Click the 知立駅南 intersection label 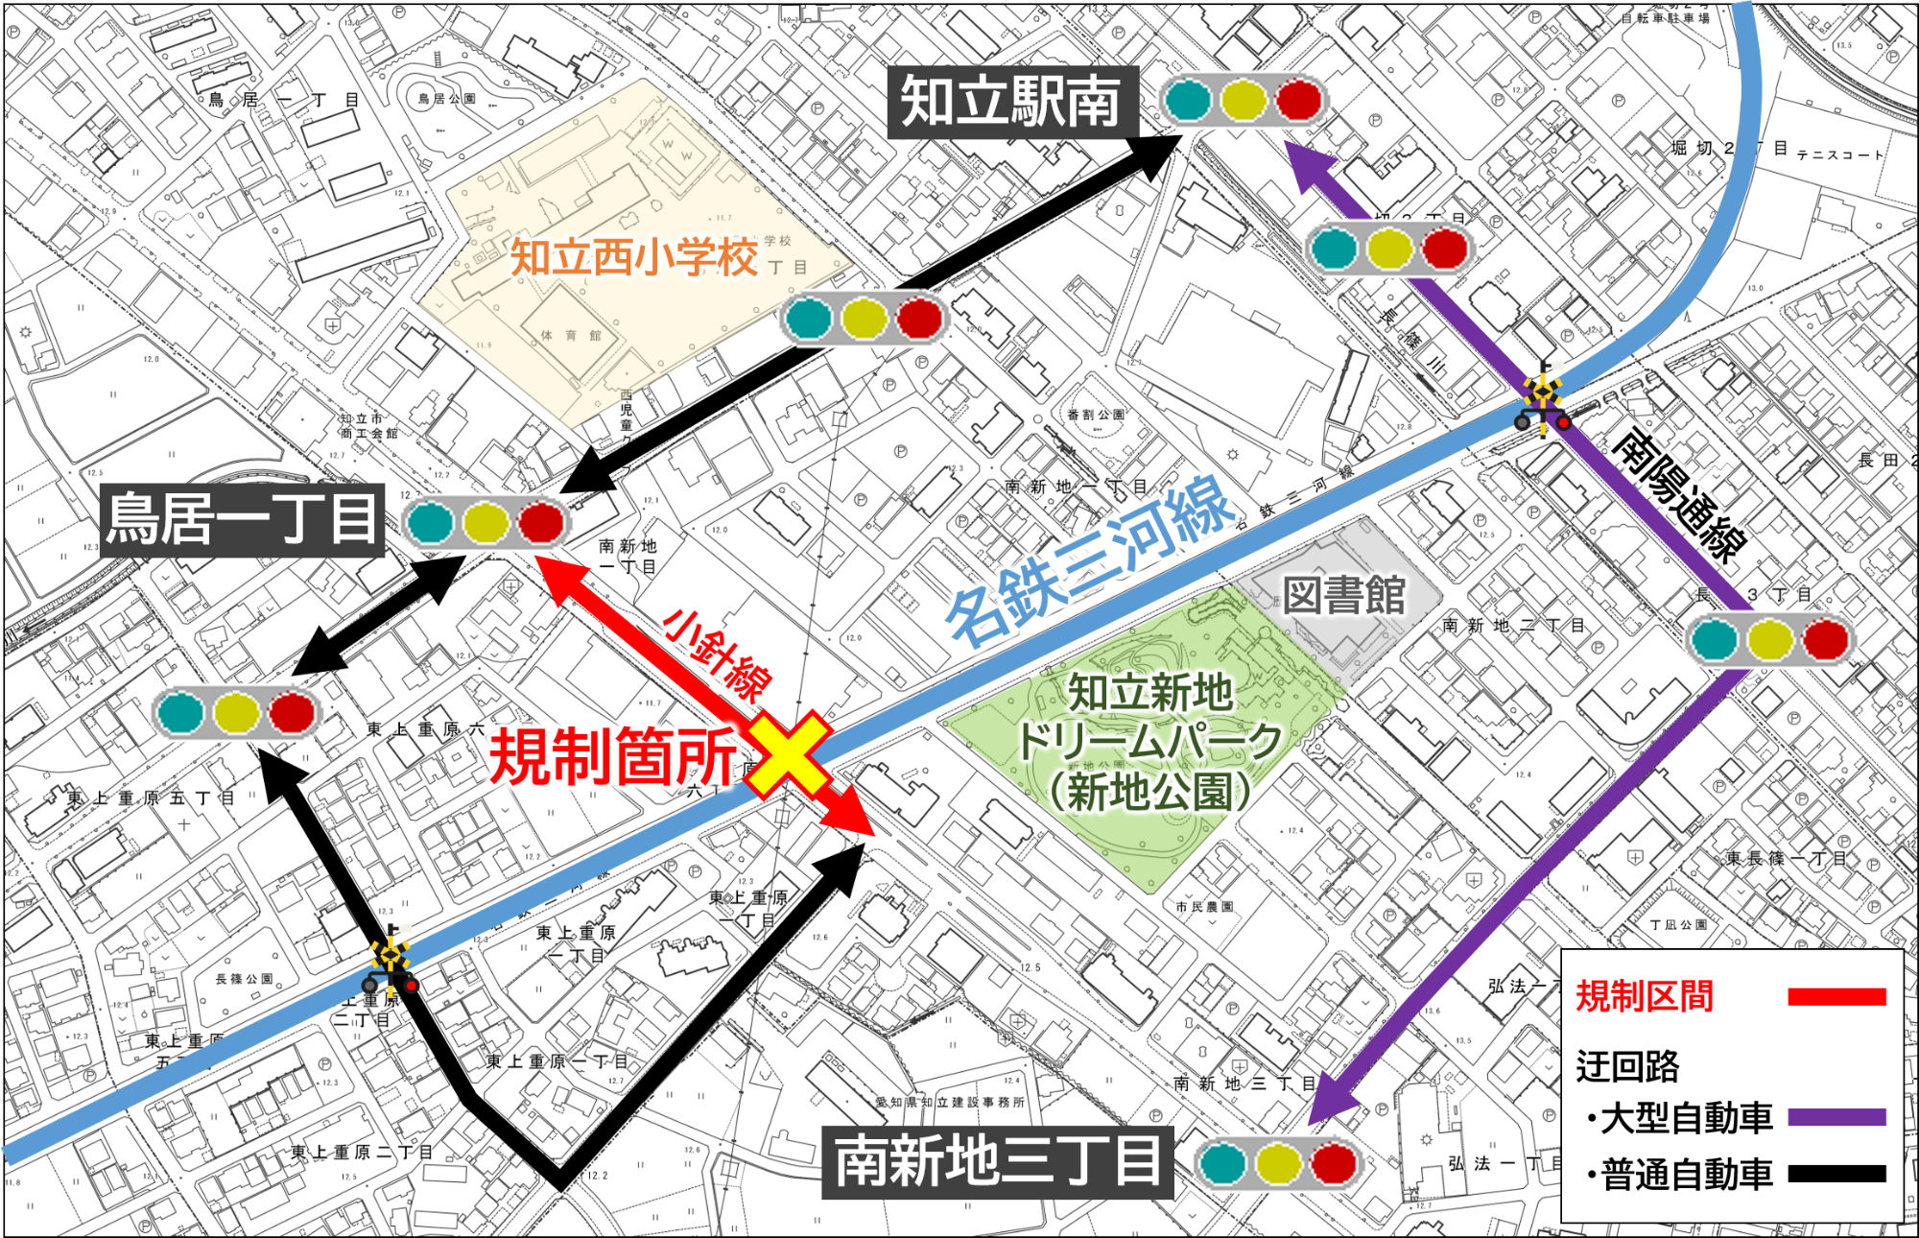point(1011,102)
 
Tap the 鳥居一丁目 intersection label point(242,519)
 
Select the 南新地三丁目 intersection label point(998,1162)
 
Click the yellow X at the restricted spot point(788,755)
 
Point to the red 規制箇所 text point(612,756)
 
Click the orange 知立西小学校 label point(633,256)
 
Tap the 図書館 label point(1343,596)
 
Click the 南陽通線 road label point(1679,495)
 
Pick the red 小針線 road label point(718,655)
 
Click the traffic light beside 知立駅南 point(1244,100)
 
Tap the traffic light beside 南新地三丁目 point(1277,1163)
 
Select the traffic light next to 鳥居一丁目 point(485,523)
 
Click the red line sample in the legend point(1836,996)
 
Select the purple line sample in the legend point(1836,1117)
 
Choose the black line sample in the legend point(1836,1174)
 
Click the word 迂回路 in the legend point(1627,1065)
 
